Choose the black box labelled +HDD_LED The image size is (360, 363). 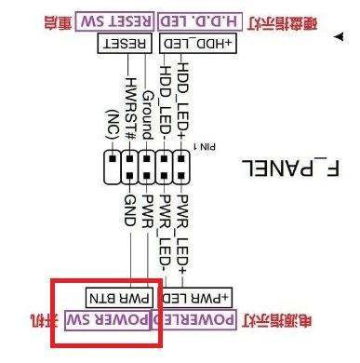(196, 44)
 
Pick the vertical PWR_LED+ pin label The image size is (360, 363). (183, 229)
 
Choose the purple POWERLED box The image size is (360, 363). (202, 321)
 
